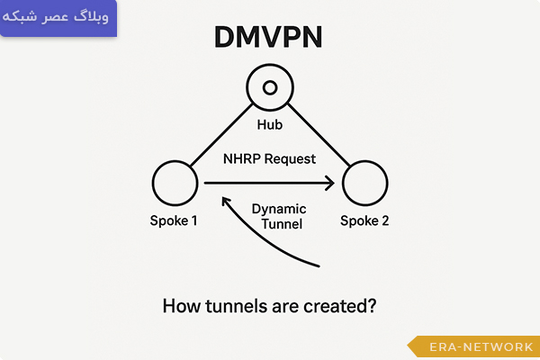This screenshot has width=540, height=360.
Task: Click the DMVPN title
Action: [x=269, y=37]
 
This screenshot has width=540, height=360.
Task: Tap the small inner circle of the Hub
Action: [x=269, y=88]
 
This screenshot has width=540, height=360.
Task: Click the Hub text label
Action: [x=269, y=125]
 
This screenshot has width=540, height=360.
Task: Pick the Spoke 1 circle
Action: [x=176, y=184]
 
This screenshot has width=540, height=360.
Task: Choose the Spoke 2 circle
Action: [x=364, y=184]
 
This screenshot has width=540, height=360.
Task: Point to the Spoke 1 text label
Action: [x=175, y=221]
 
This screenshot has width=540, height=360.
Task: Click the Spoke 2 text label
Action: [x=364, y=221]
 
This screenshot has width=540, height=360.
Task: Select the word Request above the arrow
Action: [x=291, y=159]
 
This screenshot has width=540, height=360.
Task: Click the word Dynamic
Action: [x=279, y=208]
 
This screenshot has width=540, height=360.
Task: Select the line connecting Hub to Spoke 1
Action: [x=220, y=137]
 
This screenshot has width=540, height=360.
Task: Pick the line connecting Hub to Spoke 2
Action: [x=319, y=137]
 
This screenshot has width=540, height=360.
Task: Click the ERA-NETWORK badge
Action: [x=474, y=347]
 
